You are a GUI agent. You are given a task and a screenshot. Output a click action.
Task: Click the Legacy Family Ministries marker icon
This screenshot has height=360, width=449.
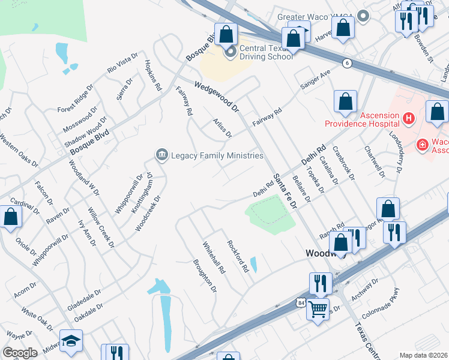(161, 155)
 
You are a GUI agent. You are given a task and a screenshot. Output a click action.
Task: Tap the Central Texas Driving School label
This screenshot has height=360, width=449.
(266, 53)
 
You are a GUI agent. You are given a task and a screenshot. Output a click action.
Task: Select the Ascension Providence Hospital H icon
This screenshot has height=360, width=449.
(409, 119)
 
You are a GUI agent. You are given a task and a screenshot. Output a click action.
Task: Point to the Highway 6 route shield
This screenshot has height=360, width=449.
(347, 63)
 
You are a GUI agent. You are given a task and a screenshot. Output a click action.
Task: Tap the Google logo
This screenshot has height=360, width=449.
(20, 352)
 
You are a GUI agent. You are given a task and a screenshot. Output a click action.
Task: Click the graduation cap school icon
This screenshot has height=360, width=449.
(71, 341)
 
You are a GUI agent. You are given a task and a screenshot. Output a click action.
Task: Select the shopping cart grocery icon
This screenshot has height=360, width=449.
(318, 309)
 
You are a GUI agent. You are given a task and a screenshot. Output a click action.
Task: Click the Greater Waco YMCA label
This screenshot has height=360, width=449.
(316, 17)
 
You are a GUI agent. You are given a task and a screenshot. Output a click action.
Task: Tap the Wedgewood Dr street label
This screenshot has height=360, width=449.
(217, 98)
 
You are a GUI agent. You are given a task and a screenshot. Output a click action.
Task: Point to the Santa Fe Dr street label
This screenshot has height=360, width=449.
(286, 191)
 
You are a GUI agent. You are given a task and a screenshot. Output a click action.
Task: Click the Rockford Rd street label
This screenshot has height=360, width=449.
(237, 257)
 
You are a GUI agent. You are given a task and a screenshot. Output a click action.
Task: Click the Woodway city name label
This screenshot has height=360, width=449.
(317, 253)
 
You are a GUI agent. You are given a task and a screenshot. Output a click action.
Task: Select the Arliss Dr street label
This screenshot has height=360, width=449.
(222, 127)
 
